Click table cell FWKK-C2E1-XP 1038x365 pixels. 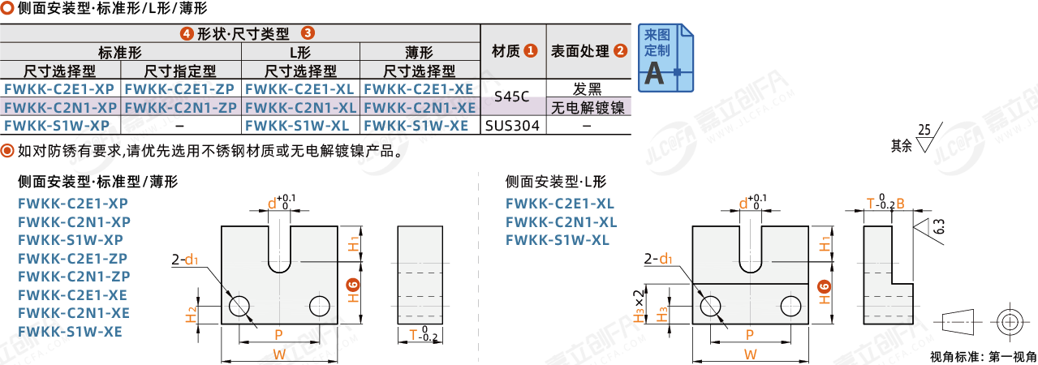pyautogui.click(x=60, y=89)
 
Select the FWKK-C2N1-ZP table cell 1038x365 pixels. pyautogui.click(x=181, y=107)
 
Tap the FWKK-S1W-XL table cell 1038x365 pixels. pyautogui.click(x=300, y=125)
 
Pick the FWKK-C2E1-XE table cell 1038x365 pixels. pyautogui.click(x=419, y=89)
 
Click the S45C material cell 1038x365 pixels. pyautogui.click(x=513, y=97)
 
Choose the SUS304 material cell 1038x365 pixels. pyautogui.click(x=513, y=126)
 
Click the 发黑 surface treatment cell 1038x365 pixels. pyautogui.click(x=588, y=88)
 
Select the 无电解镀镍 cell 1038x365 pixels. pyautogui.click(x=588, y=107)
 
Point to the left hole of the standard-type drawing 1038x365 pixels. pyautogui.click(x=239, y=305)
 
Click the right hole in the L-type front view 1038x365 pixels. pyautogui.click(x=790, y=306)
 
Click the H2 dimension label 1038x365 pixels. pyautogui.click(x=192, y=313)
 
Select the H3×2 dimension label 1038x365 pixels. pyautogui.click(x=640, y=304)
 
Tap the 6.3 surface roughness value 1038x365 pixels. pyautogui.click(x=938, y=226)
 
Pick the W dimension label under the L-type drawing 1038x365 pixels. pyautogui.click(x=750, y=354)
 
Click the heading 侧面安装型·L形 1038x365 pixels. pyautogui.click(x=555, y=182)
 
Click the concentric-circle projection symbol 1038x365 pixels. pyautogui.click(x=1009, y=322)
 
